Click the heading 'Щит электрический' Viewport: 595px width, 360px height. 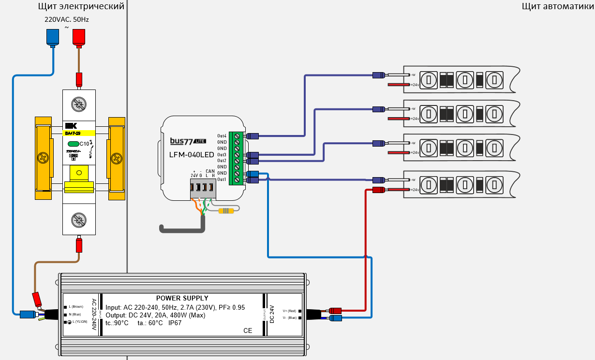point(81,6)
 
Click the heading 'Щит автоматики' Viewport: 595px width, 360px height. point(557,6)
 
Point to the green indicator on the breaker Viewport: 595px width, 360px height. point(73,144)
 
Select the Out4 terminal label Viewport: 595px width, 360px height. point(222,136)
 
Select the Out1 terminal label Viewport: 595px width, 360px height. point(222,180)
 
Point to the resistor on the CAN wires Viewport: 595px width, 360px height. point(226,210)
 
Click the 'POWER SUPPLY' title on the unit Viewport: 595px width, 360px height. point(182,299)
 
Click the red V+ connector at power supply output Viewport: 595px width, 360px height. point(335,311)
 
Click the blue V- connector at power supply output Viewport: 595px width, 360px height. point(335,318)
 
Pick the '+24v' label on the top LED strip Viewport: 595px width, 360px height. point(414,85)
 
